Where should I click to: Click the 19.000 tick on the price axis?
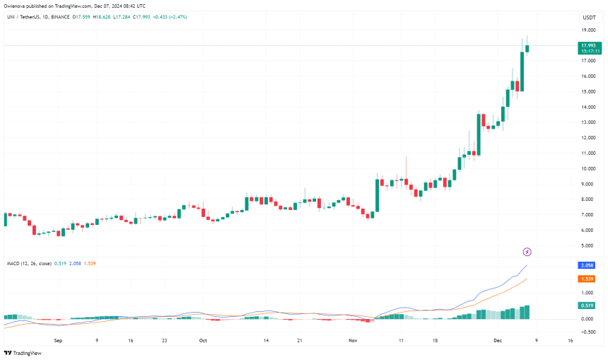click(x=587, y=30)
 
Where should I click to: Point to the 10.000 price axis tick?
click(x=587, y=168)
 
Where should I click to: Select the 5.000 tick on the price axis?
click(x=587, y=245)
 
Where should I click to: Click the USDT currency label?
click(x=587, y=17)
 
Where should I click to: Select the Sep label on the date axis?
click(x=59, y=340)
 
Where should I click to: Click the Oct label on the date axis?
click(x=203, y=340)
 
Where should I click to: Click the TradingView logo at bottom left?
click(x=23, y=353)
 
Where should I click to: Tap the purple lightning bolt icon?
click(x=527, y=252)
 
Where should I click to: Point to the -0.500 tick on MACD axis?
click(x=587, y=332)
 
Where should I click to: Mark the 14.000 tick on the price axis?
click(x=587, y=107)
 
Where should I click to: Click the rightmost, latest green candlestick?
click(x=527, y=47)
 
